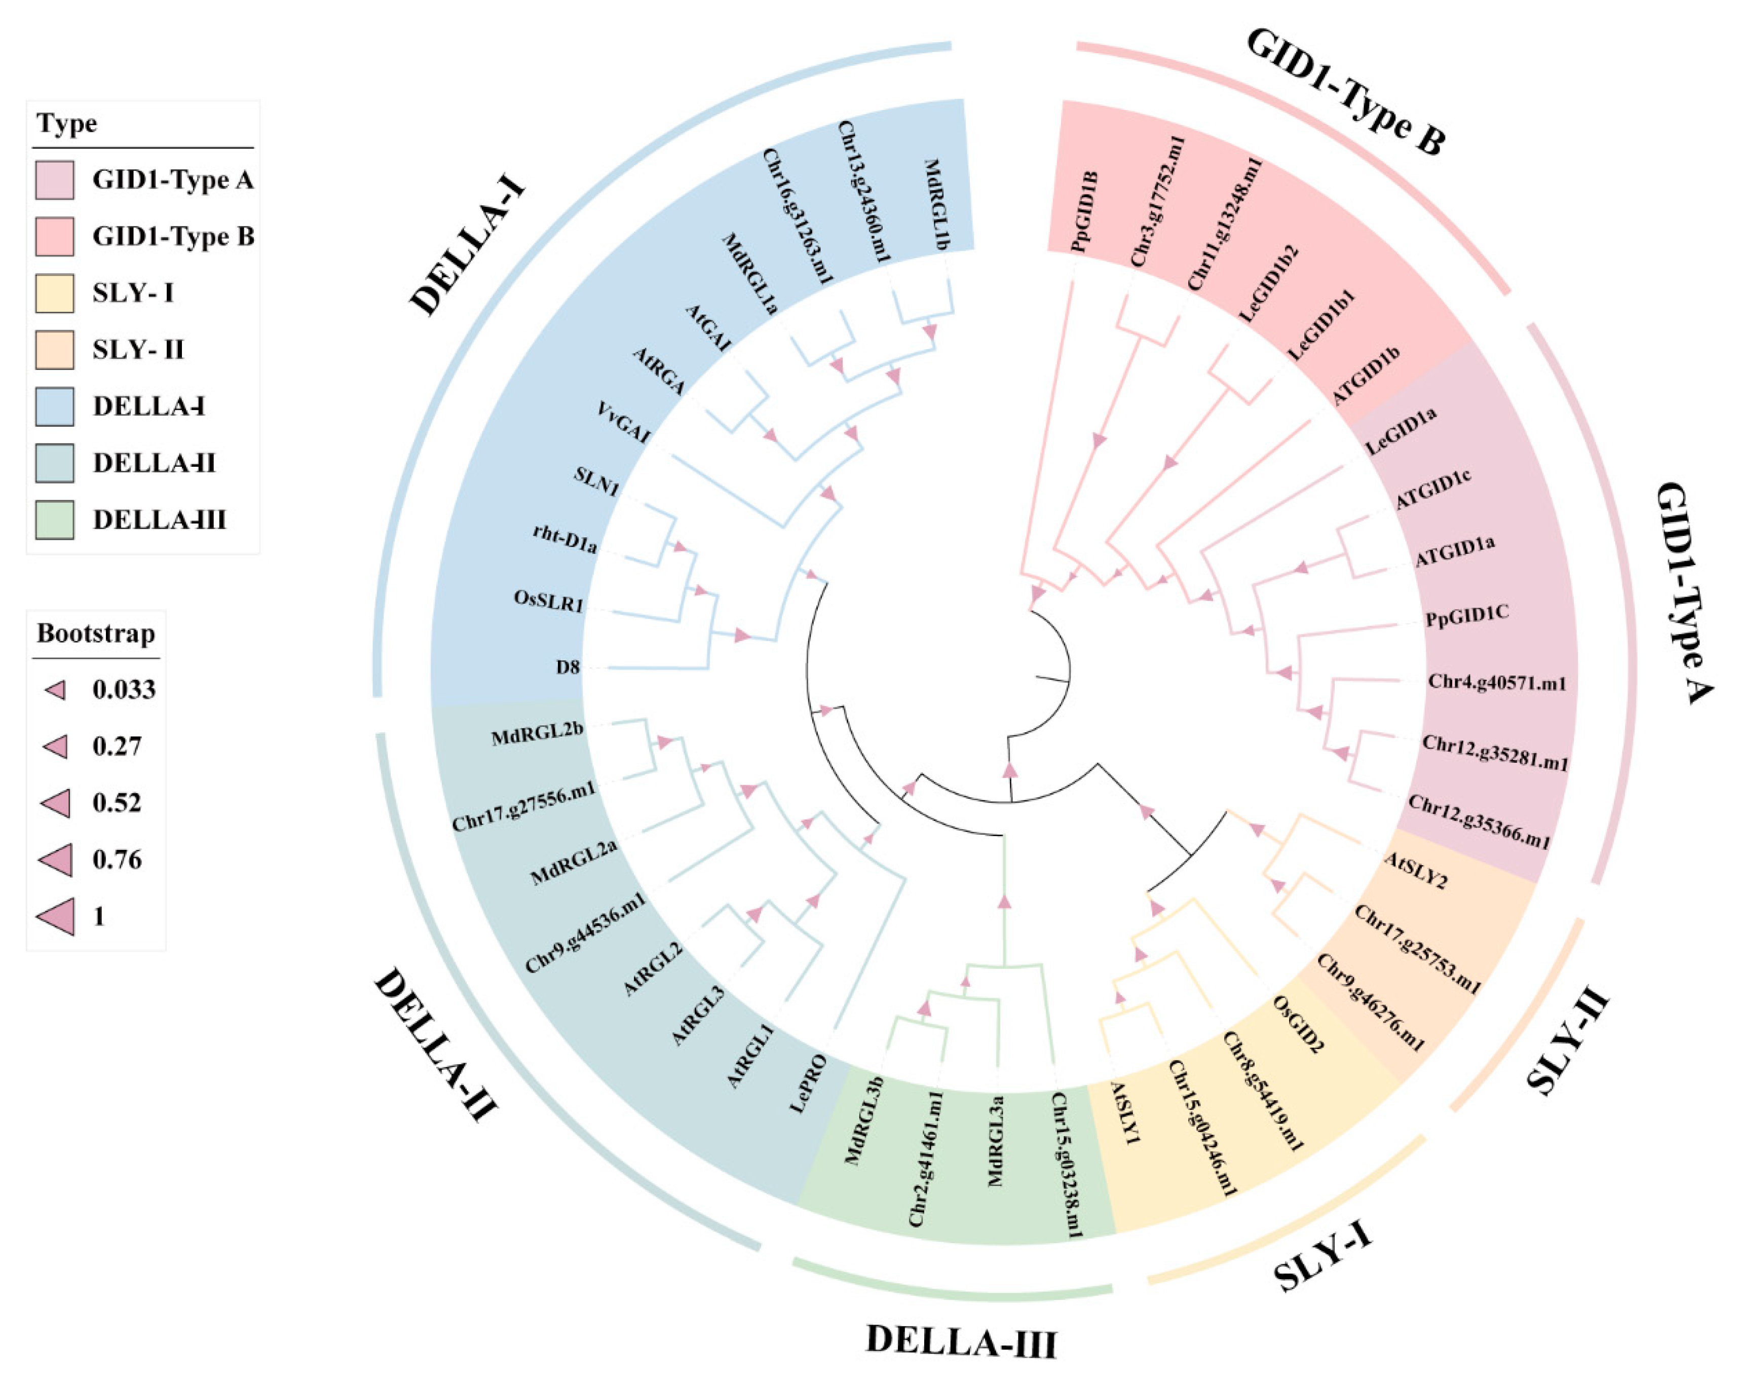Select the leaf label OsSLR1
tap(548, 601)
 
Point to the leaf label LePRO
tap(808, 1083)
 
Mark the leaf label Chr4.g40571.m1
tap(1497, 683)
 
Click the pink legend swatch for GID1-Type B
tap(55, 236)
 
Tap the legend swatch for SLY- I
tap(55, 292)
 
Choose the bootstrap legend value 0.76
tap(117, 860)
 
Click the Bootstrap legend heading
tap(96, 633)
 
